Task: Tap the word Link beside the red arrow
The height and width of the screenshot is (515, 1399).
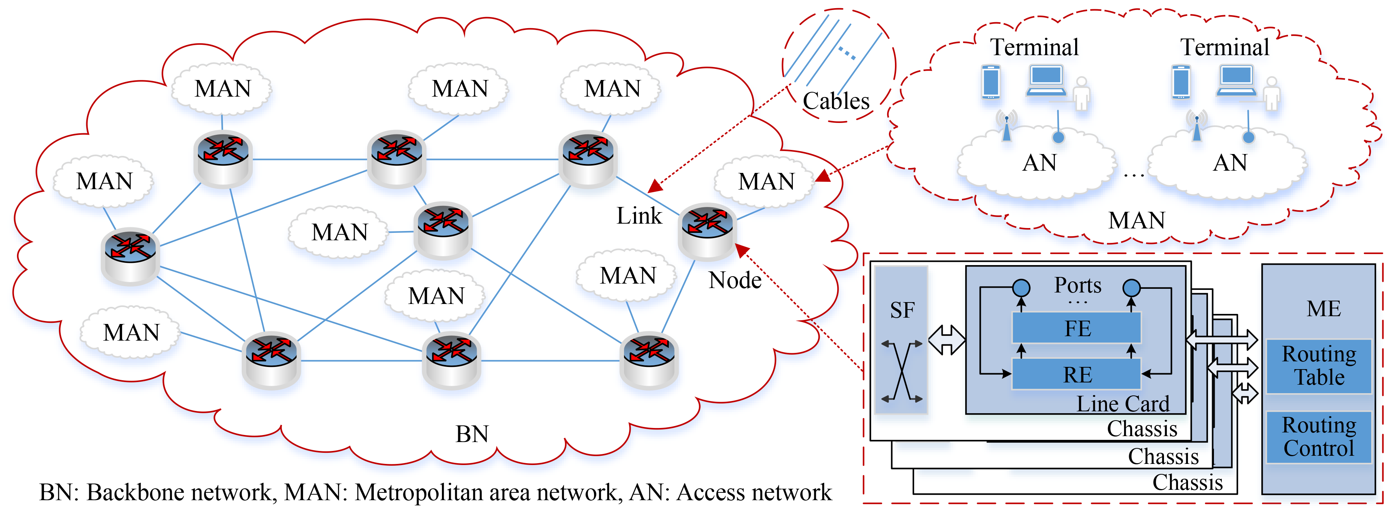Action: (639, 216)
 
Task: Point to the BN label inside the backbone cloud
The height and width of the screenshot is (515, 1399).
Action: (472, 434)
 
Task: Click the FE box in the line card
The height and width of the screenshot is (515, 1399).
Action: (1077, 328)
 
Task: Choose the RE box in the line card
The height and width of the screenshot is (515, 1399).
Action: (1077, 374)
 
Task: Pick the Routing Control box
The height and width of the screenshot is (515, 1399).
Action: (1319, 437)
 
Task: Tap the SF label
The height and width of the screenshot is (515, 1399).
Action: (902, 310)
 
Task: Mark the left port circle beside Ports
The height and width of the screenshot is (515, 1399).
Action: (1021, 287)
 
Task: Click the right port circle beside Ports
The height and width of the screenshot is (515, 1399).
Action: (1131, 287)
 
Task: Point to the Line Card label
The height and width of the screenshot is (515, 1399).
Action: (1123, 404)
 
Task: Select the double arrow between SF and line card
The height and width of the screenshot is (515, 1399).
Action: (947, 340)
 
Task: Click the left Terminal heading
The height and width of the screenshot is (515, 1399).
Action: (1034, 47)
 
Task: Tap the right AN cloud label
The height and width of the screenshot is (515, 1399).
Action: (1229, 163)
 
